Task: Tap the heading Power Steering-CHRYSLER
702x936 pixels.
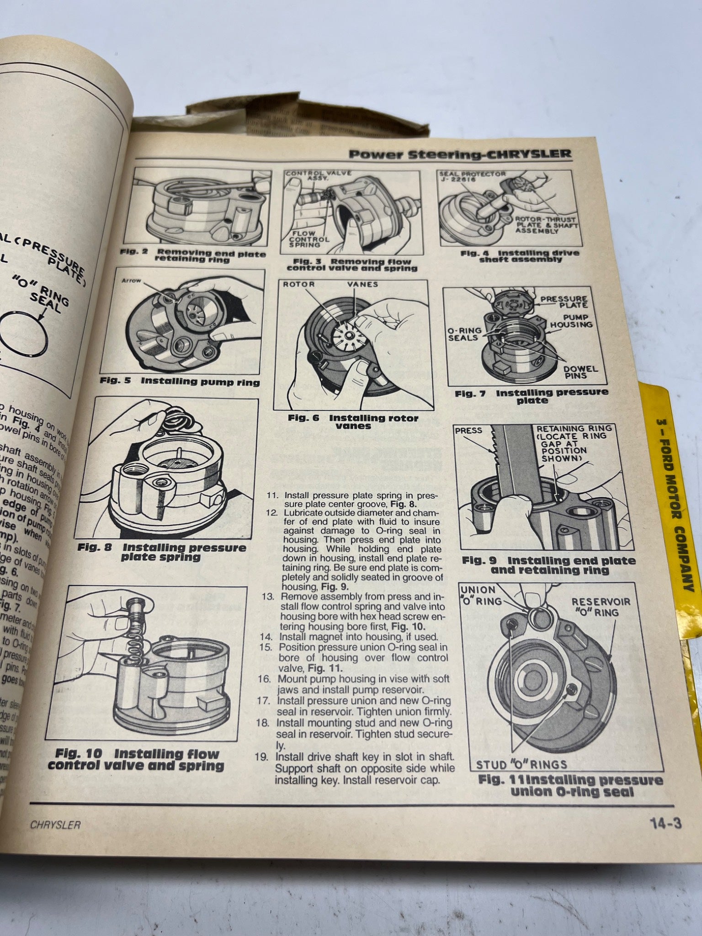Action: [x=460, y=154]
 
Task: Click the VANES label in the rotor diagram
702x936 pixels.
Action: [x=362, y=284]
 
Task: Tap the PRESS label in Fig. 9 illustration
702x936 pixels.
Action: [x=468, y=431]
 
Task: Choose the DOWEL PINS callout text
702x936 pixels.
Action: [x=580, y=372]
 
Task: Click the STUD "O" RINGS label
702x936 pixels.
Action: [x=521, y=764]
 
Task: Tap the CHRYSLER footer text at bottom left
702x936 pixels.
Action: [x=55, y=825]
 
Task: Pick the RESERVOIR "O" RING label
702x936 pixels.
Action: [x=601, y=607]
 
